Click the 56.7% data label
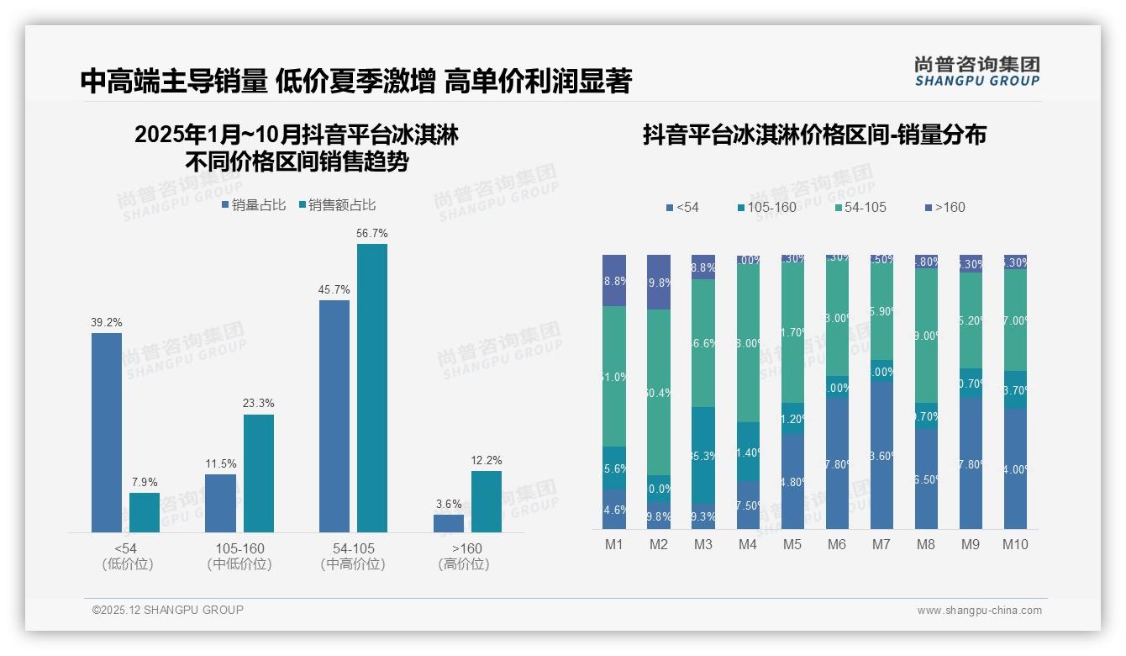pyautogui.click(x=372, y=233)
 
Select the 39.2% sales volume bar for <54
pyautogui.click(x=107, y=431)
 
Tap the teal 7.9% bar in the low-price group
pyautogui.click(x=145, y=512)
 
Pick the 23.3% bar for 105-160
pyautogui.click(x=259, y=473)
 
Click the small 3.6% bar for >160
pyautogui.click(x=449, y=523)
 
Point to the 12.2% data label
pyautogui.click(x=487, y=460)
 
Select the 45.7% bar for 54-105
pyautogui.click(x=334, y=415)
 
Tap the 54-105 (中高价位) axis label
pyautogui.click(x=353, y=556)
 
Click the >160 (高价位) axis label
pyautogui.click(x=464, y=556)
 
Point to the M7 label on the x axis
pyautogui.click(x=881, y=544)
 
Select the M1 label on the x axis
pyautogui.click(x=614, y=544)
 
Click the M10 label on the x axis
pyautogui.click(x=1015, y=544)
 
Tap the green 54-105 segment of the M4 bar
pyautogui.click(x=748, y=343)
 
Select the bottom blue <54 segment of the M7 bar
pyautogui.click(x=881, y=455)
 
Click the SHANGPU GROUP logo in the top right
pyautogui.click(x=977, y=71)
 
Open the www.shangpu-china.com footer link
pyautogui.click(x=979, y=611)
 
